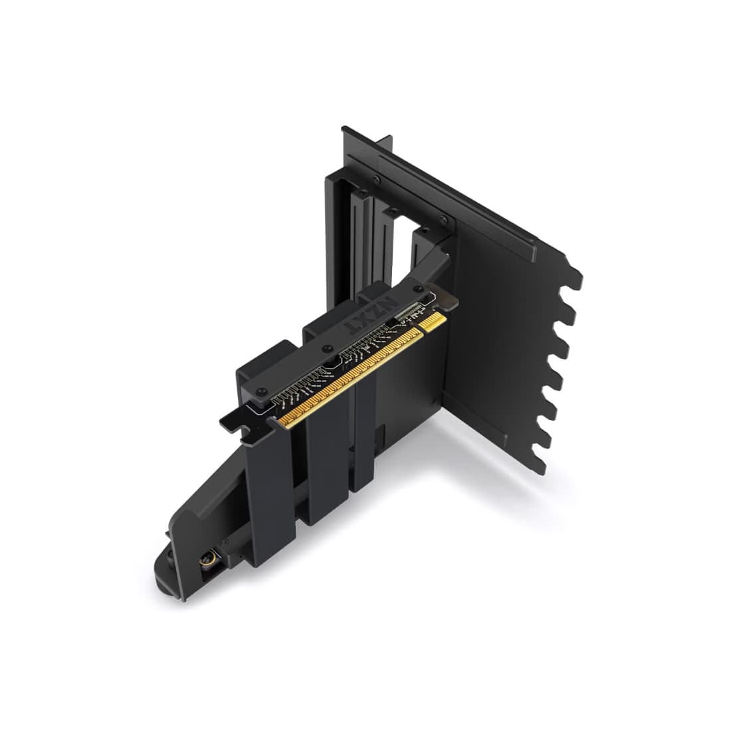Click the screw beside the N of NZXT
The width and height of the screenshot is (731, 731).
419,288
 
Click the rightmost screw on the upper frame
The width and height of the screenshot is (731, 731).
443,221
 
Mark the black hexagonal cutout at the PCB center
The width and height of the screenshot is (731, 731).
330,363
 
